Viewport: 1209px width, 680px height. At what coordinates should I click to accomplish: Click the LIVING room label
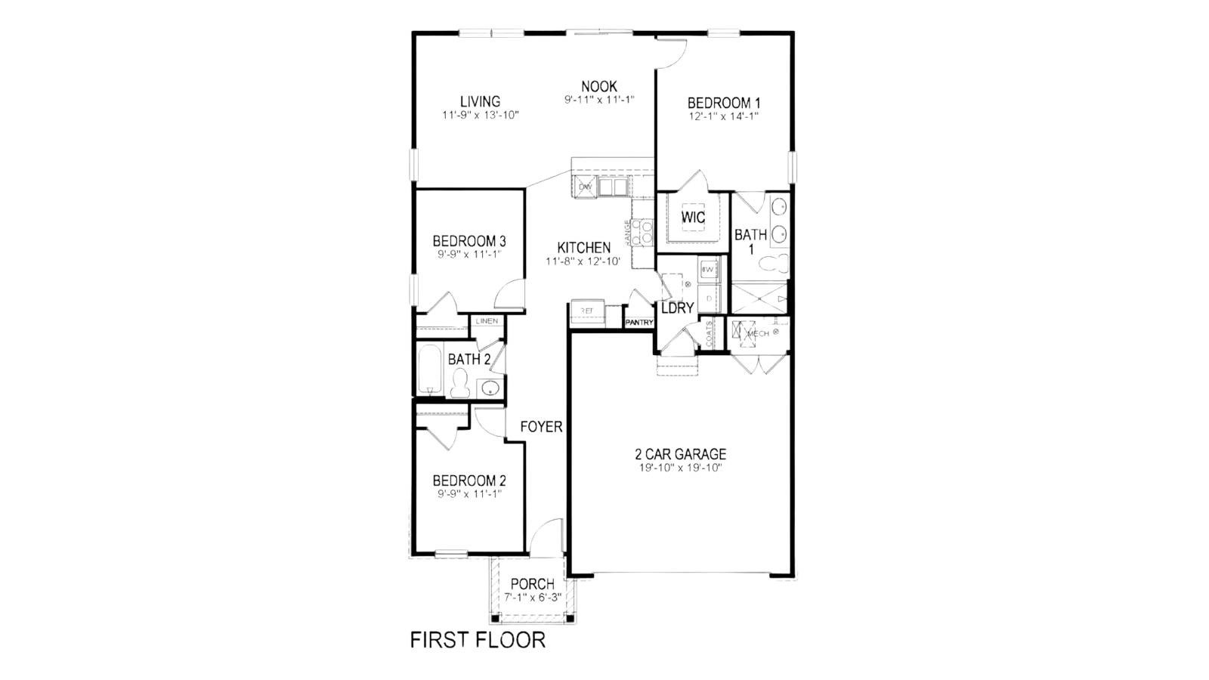(x=480, y=102)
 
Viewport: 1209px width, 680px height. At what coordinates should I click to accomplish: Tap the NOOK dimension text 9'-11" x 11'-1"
(x=598, y=100)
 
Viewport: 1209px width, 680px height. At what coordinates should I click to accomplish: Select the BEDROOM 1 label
(x=723, y=103)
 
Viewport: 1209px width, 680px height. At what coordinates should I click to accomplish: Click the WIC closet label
(x=693, y=218)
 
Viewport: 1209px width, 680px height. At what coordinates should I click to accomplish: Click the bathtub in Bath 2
(x=429, y=370)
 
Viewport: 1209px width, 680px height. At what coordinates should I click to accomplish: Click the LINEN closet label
(x=487, y=321)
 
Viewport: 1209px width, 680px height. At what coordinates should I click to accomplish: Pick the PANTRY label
(x=639, y=323)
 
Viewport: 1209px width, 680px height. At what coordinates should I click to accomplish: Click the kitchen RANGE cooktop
(x=642, y=232)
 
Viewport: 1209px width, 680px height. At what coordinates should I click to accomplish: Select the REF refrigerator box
(x=587, y=310)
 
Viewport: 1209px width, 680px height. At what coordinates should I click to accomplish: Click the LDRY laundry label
(x=677, y=308)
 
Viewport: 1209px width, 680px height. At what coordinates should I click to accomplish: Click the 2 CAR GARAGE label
(x=680, y=454)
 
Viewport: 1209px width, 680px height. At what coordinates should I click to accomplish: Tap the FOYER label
(x=541, y=427)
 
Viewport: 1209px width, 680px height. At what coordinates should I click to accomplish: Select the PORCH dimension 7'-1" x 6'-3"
(x=533, y=597)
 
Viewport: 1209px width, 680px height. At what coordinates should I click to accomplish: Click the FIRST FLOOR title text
(x=477, y=640)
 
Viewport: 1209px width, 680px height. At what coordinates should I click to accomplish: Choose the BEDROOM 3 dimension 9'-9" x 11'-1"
(x=468, y=255)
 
